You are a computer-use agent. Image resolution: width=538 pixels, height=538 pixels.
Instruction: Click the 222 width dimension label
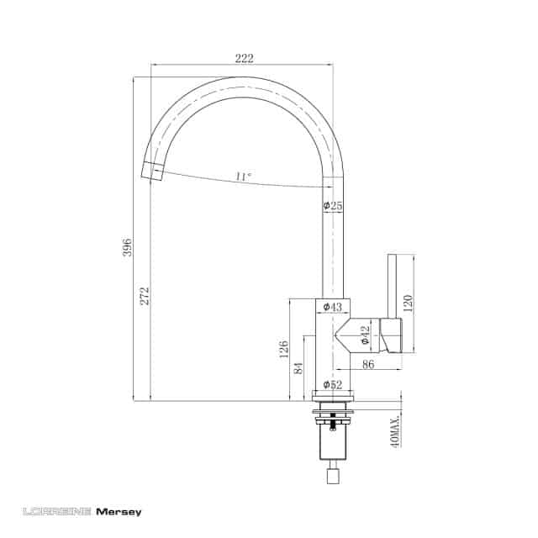[245, 58]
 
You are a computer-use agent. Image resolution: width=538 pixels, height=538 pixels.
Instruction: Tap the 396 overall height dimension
[127, 246]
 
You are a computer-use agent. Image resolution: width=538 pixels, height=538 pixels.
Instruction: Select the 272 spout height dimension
[145, 296]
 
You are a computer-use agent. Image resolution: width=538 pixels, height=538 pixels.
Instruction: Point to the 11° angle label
[243, 177]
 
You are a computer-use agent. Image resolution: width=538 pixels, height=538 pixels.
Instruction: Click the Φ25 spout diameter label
[333, 205]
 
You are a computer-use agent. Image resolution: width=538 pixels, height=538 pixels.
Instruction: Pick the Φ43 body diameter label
[333, 306]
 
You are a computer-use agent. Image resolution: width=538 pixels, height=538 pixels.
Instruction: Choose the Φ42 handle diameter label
[365, 335]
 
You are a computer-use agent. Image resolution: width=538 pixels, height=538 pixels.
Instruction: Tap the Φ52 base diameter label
[333, 385]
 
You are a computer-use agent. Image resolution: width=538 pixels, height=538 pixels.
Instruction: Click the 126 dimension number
[284, 350]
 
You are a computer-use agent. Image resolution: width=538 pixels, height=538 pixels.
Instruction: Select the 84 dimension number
[299, 368]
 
